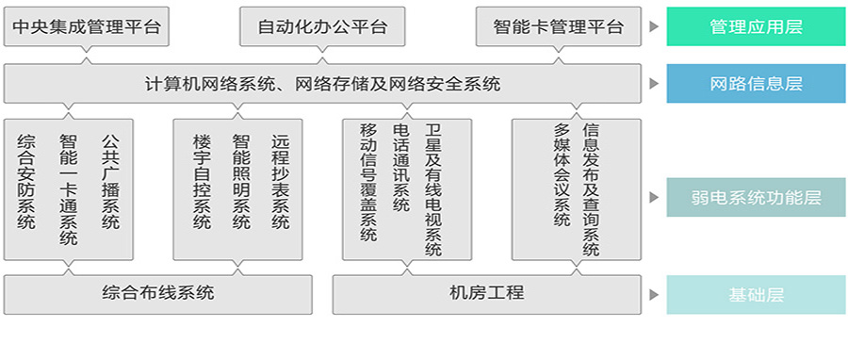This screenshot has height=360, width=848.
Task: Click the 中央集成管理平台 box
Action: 87,26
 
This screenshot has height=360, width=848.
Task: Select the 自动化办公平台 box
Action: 322,26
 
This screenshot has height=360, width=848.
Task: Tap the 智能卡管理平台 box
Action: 558,26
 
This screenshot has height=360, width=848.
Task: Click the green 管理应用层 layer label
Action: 756,26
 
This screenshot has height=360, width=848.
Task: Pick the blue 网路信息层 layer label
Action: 756,84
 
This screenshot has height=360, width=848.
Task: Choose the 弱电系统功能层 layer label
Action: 756,198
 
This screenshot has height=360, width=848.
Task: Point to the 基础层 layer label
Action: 756,294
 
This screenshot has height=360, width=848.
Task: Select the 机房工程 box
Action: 486,293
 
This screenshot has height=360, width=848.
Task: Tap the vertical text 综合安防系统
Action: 26,182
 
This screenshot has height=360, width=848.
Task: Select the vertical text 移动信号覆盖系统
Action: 368,182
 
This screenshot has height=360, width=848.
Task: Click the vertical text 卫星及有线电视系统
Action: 432,188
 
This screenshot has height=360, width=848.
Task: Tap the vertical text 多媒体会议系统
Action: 563,174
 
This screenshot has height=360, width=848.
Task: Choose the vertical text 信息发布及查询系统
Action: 591,188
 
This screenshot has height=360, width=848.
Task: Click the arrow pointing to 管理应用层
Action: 653,26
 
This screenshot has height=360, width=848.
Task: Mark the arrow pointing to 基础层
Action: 653,294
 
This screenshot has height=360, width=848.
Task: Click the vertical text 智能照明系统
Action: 240,182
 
